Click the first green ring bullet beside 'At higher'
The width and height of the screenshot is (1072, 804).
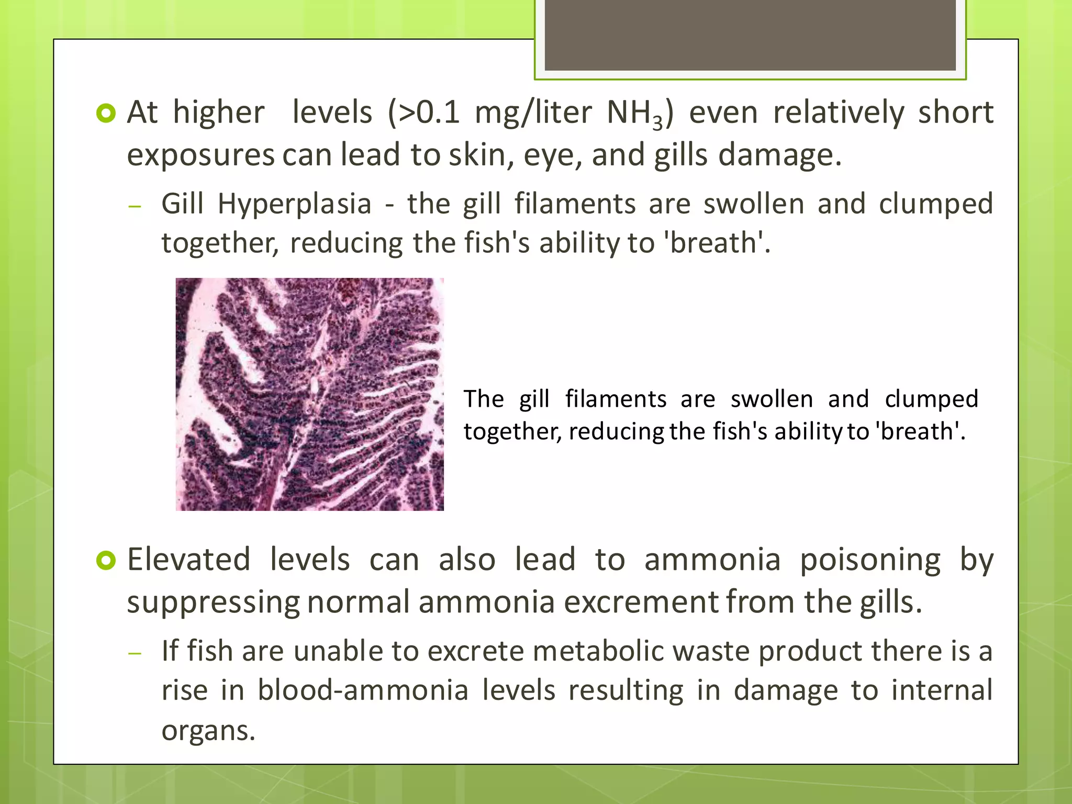pyautogui.click(x=106, y=114)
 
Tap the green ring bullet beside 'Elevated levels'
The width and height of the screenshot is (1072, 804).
pyautogui.click(x=106, y=561)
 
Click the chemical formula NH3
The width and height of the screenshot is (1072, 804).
pyautogui.click(x=634, y=113)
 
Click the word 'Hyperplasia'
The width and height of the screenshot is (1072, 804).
pyautogui.click(x=294, y=204)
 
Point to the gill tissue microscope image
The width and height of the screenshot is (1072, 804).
pyautogui.click(x=309, y=394)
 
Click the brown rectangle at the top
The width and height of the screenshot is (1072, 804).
pyautogui.click(x=750, y=35)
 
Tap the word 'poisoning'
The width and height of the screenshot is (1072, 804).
pyautogui.click(x=870, y=560)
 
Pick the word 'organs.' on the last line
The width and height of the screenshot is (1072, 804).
pyautogui.click(x=208, y=730)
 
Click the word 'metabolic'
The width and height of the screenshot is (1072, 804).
pyautogui.click(x=597, y=651)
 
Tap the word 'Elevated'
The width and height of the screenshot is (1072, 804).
pyautogui.click(x=188, y=560)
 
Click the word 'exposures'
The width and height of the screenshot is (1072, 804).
pyautogui.click(x=200, y=155)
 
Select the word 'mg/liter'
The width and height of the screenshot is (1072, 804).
pyautogui.click(x=533, y=113)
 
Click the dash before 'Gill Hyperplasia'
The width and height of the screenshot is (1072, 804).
pyautogui.click(x=135, y=206)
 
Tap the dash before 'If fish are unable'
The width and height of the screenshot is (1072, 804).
pyautogui.click(x=135, y=653)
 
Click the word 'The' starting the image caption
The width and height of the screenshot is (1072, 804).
pyautogui.click(x=484, y=399)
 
